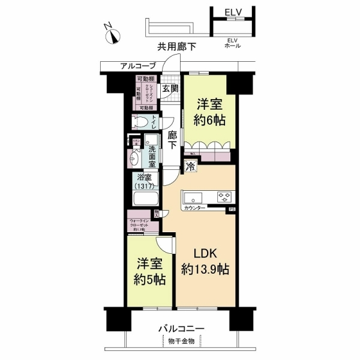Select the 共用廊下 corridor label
177,47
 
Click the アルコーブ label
138,66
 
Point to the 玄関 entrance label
170,88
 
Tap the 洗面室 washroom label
153,157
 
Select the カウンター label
194,208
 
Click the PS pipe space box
231,209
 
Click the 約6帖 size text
210,120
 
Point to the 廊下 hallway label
172,140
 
